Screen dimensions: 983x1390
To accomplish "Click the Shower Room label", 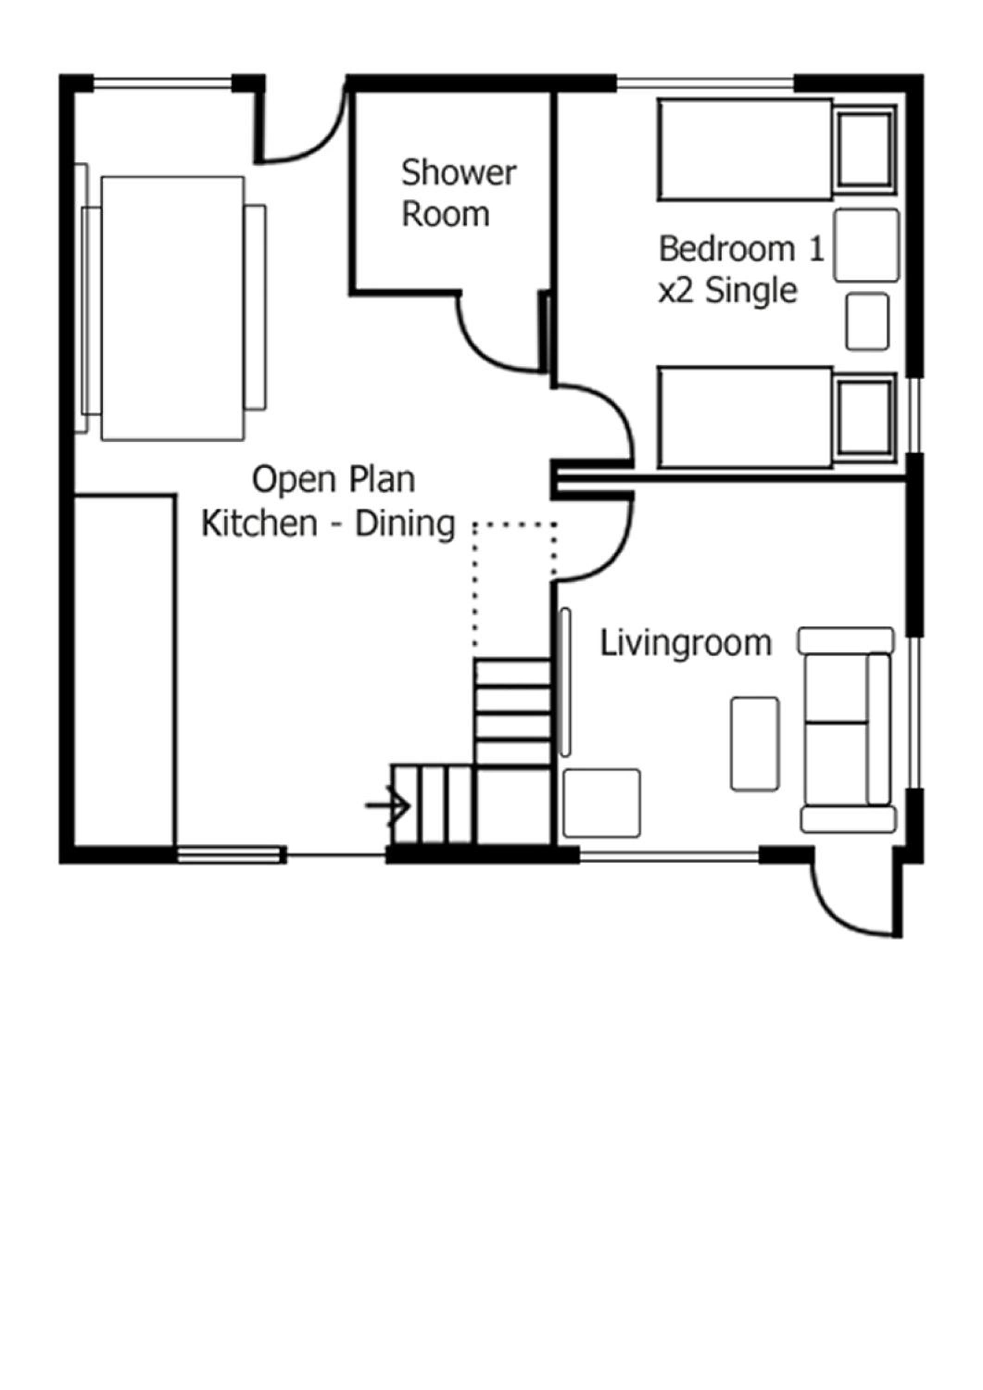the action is coord(459,193).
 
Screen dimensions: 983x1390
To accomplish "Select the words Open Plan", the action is coord(334,480).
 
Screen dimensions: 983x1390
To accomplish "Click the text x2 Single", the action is coord(728,291).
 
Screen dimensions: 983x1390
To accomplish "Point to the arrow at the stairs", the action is coord(387,806).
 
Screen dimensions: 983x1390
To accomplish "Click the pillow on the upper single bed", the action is coord(864,150).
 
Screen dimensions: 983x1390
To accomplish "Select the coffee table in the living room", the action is coord(755,744).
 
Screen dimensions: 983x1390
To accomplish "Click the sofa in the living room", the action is coord(847,729).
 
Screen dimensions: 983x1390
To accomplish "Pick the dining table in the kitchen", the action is coord(172,308).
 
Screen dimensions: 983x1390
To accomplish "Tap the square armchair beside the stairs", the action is coord(602,803).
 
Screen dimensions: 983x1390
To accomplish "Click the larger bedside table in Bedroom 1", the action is coord(866,245).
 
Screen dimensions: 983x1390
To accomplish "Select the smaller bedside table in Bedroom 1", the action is coord(867,322).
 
